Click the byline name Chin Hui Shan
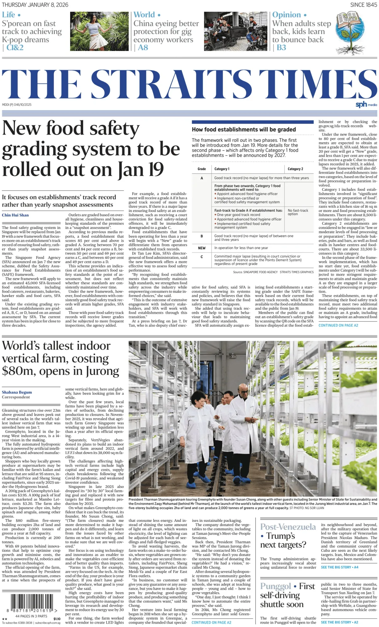click(15, 215)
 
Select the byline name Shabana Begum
click(17, 392)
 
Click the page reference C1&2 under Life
click(15, 47)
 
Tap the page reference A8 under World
click(143, 47)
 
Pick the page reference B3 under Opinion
click(281, 47)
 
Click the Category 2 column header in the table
click(295, 169)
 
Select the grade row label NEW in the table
click(202, 248)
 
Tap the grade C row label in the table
click(202, 257)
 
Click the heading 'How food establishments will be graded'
click(244, 129)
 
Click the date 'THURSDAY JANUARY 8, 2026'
click(35, 5)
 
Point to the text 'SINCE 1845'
click(364, 5)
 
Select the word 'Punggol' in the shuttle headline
click(275, 586)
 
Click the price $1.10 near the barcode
click(57, 619)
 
